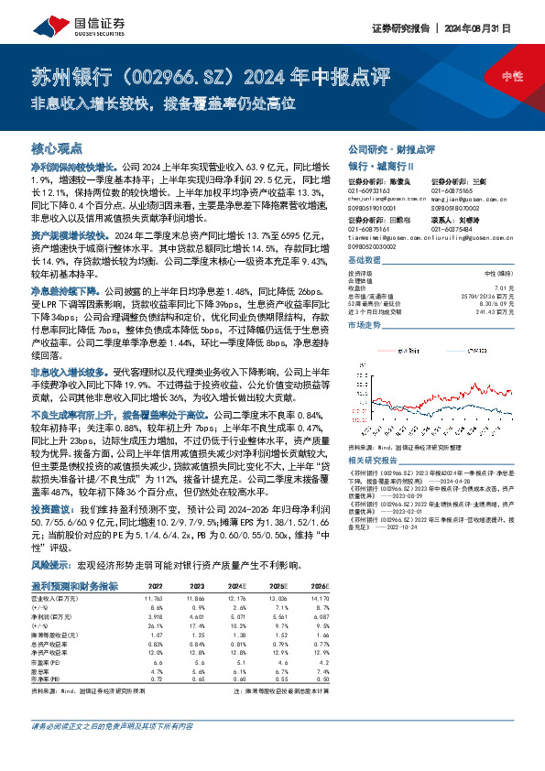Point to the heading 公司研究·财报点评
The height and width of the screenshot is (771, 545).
coord(390,148)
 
